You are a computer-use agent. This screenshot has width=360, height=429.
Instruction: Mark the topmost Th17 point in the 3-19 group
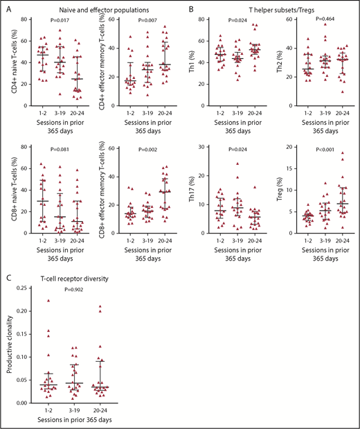[x=238, y=164]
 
